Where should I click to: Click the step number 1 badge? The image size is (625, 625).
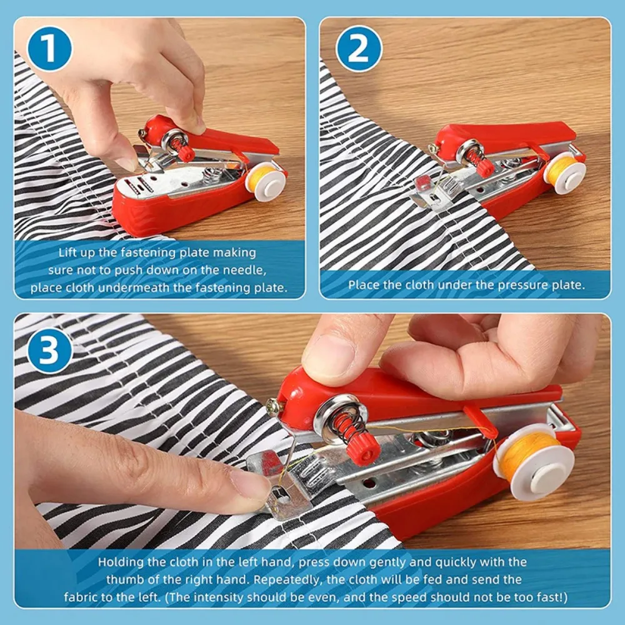pos(49,48)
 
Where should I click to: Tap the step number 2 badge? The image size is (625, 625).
pos(359,49)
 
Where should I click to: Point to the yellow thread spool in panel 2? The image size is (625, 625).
pos(563,169)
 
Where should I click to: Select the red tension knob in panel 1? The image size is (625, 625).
pos(185,152)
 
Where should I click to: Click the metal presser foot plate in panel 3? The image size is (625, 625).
pos(284,494)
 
